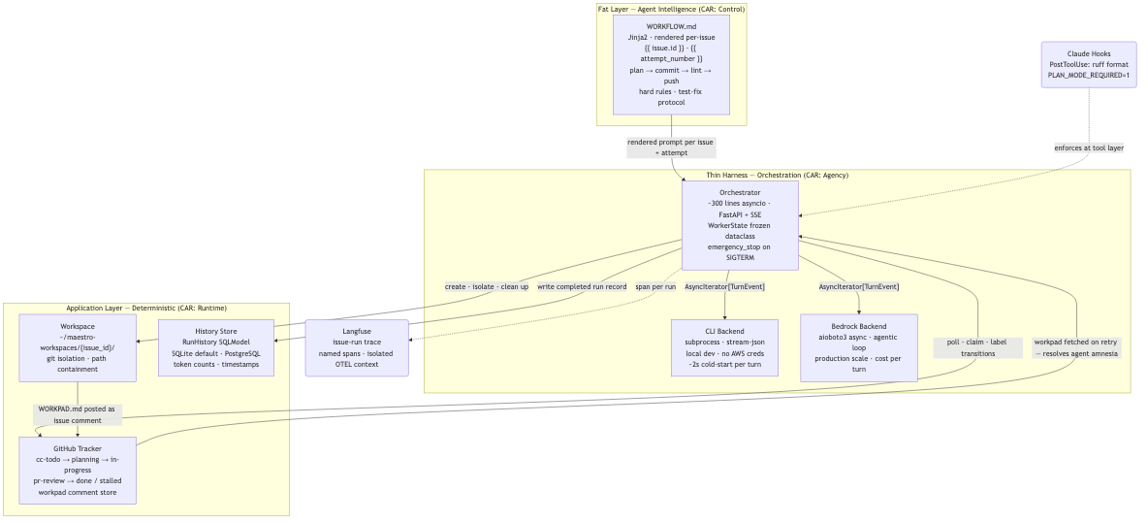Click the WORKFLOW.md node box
[x=671, y=64]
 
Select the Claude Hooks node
[x=1088, y=65]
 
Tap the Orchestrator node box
[x=740, y=225]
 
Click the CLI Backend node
[x=724, y=347]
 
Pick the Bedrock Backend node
[x=858, y=343]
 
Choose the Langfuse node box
[x=357, y=347]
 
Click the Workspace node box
[x=78, y=347]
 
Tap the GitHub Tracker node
[x=78, y=471]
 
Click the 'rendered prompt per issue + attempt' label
[x=670, y=147]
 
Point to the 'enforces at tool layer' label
[x=1089, y=147]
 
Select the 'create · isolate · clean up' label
[x=487, y=286]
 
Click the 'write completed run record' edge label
[x=582, y=286]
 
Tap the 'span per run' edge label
[x=655, y=286]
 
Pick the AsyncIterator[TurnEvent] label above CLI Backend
[x=724, y=286]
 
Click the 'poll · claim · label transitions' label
[x=977, y=347]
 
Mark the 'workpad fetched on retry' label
[x=1076, y=347]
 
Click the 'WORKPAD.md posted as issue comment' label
[x=78, y=414]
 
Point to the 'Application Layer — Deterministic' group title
[x=146, y=308]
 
